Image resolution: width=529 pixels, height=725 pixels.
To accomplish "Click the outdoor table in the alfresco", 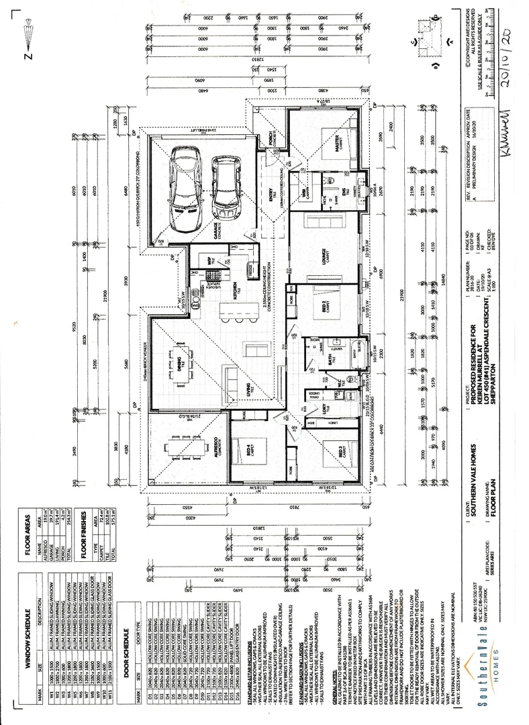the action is (x=179, y=449).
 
